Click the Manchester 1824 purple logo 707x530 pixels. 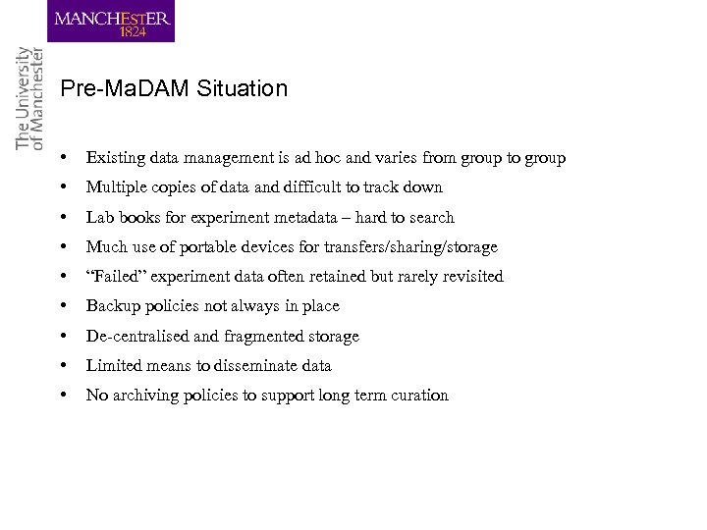coord(114,22)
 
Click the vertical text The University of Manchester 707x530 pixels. coord(30,98)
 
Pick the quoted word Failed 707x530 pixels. coord(116,277)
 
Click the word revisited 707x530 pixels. coord(468,277)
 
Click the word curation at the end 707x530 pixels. coord(419,396)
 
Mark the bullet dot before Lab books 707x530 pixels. coord(63,218)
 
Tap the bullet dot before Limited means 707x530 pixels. coord(63,366)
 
